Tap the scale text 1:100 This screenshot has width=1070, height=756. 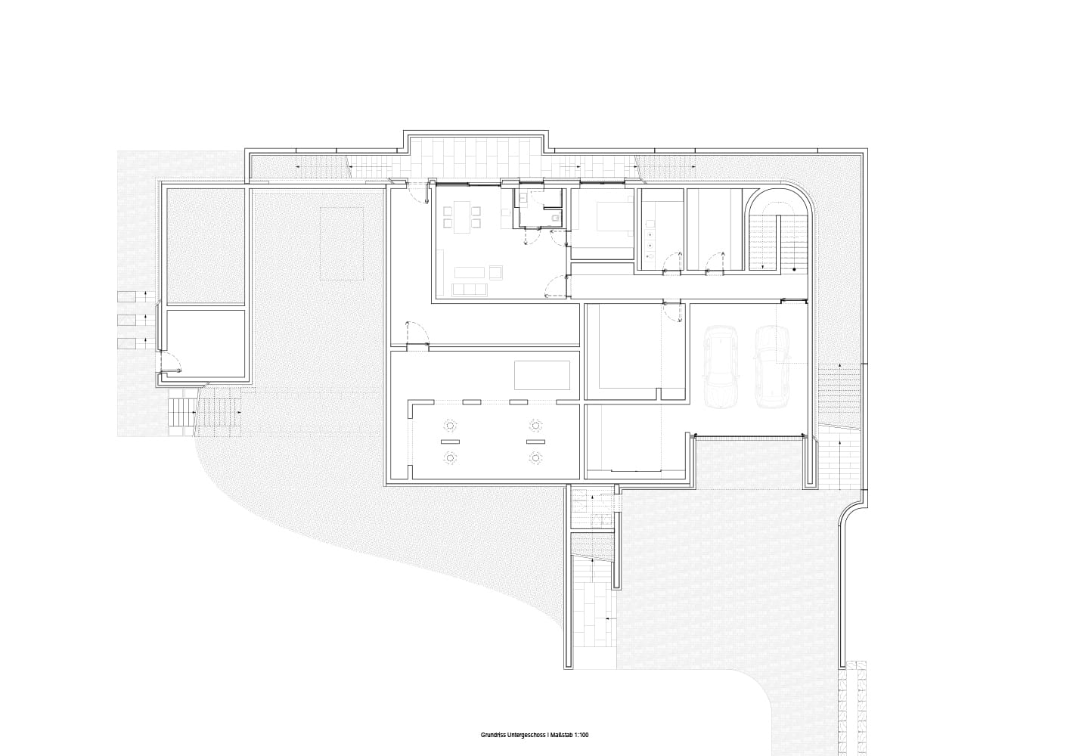coord(581,708)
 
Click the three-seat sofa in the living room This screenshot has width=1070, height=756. coord(469,290)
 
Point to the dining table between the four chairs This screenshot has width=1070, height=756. coord(462,217)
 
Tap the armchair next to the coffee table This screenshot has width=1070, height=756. coord(496,273)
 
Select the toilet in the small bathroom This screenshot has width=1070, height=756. coord(554,218)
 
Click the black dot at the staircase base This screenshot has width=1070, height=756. coord(794,269)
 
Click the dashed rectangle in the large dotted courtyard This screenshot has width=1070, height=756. coord(341,243)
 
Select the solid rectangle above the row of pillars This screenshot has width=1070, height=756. coord(542,376)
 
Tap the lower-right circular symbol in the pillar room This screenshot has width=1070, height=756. coord(535,458)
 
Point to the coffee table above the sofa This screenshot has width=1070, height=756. coord(469,272)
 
